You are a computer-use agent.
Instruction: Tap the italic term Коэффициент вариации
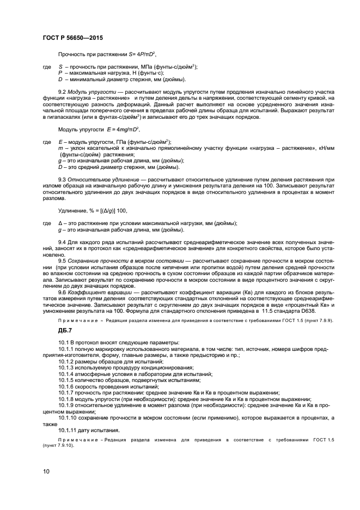98,292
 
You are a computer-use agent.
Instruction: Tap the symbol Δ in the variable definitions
59,222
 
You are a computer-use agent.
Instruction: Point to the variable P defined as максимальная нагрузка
59,72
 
